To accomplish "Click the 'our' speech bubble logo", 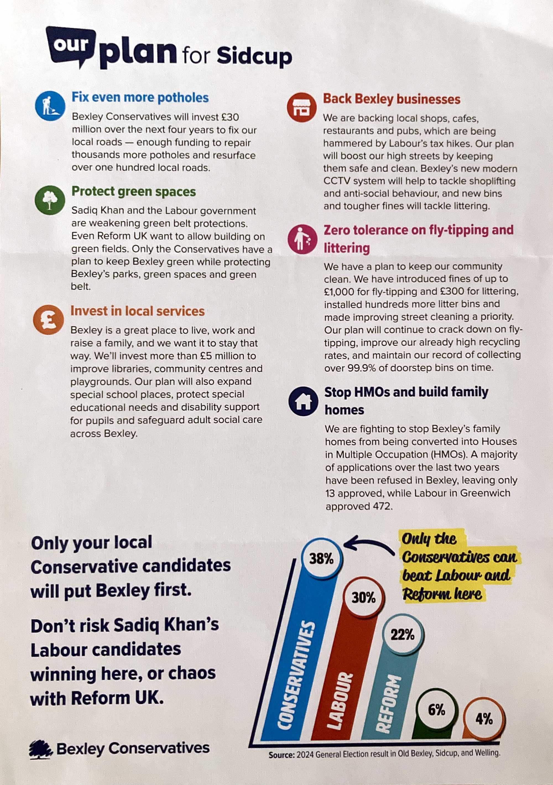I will [71, 45].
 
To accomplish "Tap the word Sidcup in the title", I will [254, 56].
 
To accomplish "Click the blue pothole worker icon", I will [50, 106].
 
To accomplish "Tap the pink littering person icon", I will [302, 239].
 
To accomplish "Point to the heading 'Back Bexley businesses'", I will [392, 99].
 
